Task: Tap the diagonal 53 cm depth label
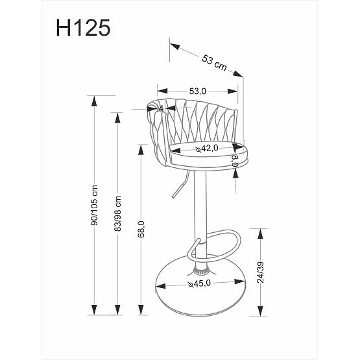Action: (213, 62)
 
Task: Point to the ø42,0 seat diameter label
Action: (206, 149)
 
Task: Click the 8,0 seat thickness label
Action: (236, 160)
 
